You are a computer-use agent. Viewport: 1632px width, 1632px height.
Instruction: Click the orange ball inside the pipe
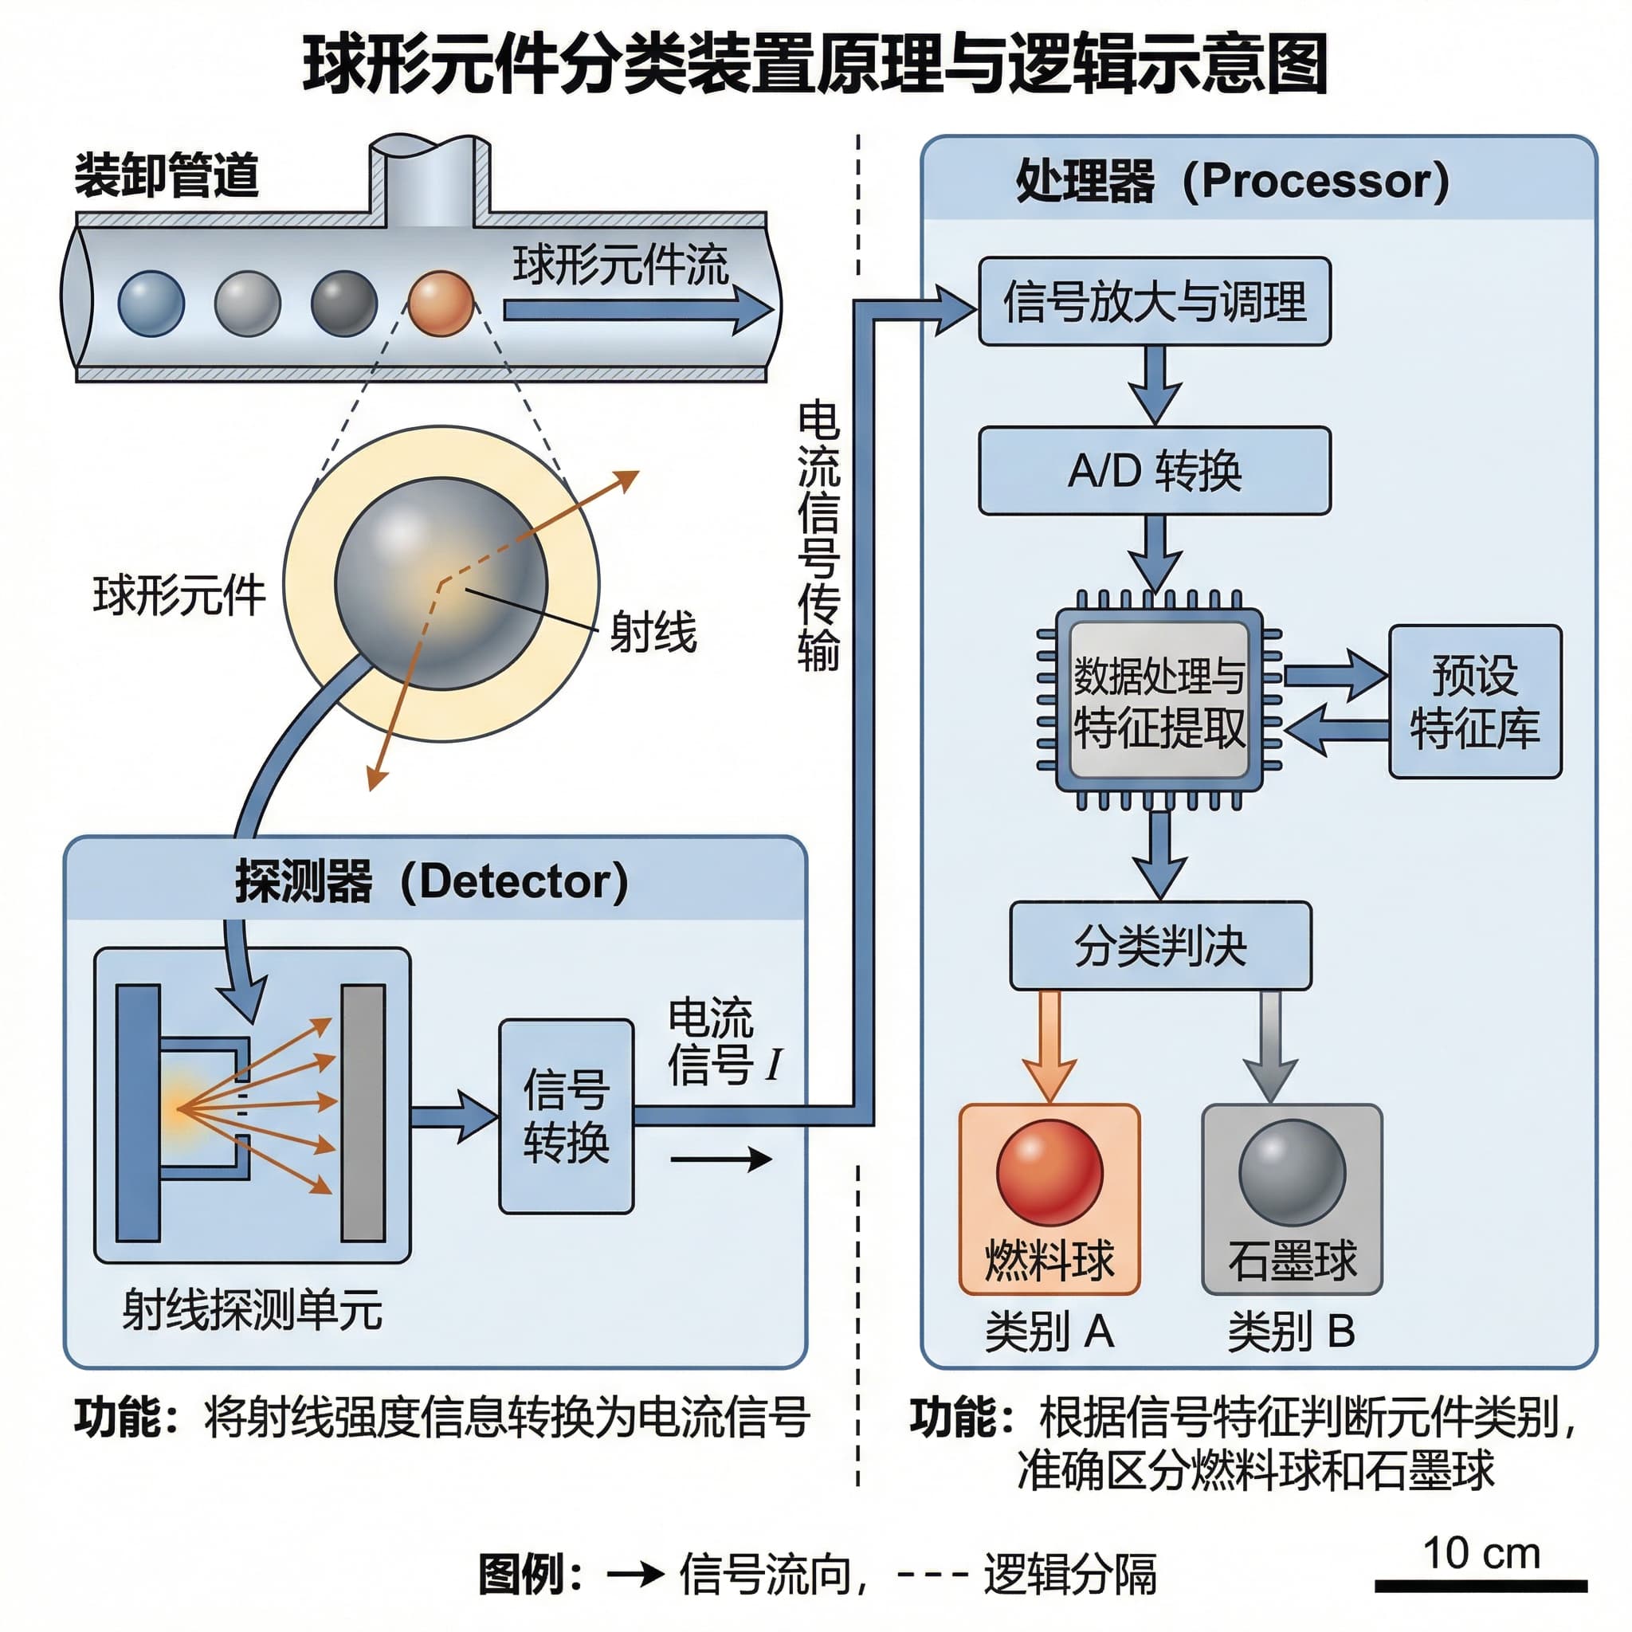(x=440, y=304)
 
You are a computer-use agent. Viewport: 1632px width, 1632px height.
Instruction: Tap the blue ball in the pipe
(x=151, y=304)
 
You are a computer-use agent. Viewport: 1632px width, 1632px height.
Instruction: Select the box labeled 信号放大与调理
(x=1154, y=301)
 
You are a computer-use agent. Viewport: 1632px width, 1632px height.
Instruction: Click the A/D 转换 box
(x=1154, y=470)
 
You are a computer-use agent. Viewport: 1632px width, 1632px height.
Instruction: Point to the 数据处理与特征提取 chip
(x=1159, y=700)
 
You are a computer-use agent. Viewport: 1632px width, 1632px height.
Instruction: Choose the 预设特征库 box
(x=1475, y=701)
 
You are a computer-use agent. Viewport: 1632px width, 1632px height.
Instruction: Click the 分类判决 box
(x=1159, y=945)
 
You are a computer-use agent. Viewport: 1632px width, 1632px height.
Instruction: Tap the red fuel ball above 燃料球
(x=1049, y=1172)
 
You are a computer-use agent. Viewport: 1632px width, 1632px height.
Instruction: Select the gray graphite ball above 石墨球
(x=1292, y=1172)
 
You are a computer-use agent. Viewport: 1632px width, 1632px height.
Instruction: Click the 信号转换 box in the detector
(x=566, y=1116)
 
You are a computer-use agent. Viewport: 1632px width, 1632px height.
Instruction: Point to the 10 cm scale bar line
(x=1481, y=1586)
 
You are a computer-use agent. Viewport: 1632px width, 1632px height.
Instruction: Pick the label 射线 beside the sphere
(x=652, y=632)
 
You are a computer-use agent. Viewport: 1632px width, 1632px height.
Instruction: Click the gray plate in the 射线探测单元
(x=363, y=1112)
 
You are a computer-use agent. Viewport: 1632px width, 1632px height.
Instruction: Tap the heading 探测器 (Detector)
(x=432, y=881)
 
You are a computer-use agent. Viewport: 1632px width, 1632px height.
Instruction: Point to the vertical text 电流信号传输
(x=818, y=536)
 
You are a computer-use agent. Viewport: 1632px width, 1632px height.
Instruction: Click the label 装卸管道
(x=167, y=175)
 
